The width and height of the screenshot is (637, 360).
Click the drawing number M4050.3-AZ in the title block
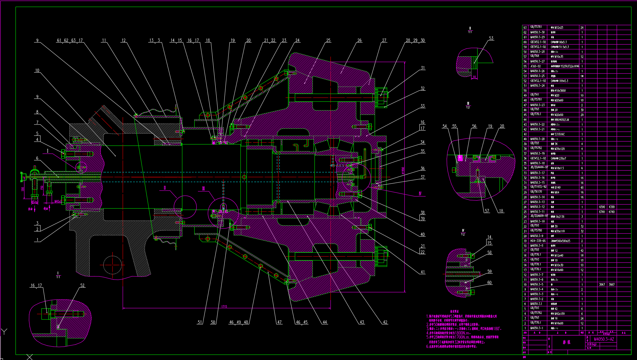click(604, 339)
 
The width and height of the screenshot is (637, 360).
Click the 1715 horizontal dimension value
click(224, 306)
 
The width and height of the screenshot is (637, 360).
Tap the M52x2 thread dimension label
click(35, 202)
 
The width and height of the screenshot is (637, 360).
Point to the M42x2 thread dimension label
click(57, 202)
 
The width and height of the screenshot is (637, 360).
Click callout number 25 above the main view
click(328, 40)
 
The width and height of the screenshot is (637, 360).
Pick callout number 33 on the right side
click(423, 106)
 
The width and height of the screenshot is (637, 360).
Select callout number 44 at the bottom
click(325, 322)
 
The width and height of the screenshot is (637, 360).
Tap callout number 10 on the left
click(37, 70)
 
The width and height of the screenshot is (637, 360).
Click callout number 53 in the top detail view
click(491, 38)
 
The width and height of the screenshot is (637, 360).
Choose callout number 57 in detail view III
click(487, 211)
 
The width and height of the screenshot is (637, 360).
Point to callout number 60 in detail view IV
click(489, 282)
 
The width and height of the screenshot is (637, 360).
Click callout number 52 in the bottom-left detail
click(82, 285)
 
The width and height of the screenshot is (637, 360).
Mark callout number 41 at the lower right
click(423, 272)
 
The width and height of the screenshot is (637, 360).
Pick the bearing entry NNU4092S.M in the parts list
click(562, 120)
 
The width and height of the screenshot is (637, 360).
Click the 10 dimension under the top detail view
click(474, 77)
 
